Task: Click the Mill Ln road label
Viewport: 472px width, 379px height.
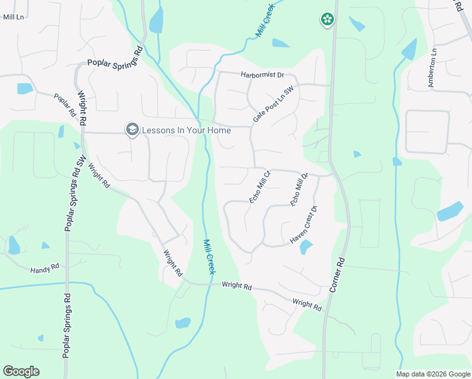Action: (x=13, y=16)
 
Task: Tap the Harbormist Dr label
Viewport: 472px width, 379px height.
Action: (x=263, y=75)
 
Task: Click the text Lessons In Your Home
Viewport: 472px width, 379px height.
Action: (x=186, y=130)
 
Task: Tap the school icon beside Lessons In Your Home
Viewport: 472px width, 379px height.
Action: (x=132, y=130)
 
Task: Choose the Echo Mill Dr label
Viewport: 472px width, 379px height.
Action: (x=299, y=189)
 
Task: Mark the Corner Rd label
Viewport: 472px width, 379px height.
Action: (x=336, y=274)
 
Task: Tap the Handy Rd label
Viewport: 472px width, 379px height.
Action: (x=44, y=268)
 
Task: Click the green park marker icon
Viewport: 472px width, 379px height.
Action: (x=327, y=20)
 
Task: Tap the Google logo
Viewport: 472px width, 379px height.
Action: (x=21, y=371)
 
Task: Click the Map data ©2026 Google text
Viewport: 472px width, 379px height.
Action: (x=432, y=374)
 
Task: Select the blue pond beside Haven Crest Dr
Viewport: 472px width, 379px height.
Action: (x=306, y=247)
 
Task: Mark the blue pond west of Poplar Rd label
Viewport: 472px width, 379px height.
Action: (x=25, y=88)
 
